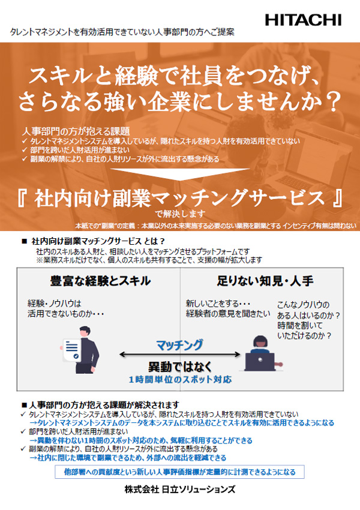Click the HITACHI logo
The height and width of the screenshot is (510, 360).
(x=303, y=20)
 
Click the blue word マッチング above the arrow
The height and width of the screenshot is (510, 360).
(x=179, y=345)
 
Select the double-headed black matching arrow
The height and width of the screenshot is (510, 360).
(x=180, y=355)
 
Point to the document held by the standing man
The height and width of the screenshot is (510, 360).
(x=71, y=350)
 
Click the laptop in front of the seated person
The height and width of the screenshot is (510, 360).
(x=260, y=362)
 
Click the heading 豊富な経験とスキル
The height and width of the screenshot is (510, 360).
(x=100, y=281)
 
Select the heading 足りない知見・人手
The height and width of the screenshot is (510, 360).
(x=265, y=281)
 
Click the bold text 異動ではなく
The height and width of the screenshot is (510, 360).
(x=180, y=367)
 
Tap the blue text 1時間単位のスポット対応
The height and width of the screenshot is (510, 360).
(x=180, y=380)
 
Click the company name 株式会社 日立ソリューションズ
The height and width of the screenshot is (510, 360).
(x=180, y=489)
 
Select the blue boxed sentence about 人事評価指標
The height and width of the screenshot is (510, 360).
(x=179, y=472)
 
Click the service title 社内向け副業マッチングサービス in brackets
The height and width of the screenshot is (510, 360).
(x=180, y=199)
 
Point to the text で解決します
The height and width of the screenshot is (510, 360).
(x=180, y=214)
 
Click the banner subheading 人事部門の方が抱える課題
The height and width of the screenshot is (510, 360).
(x=76, y=131)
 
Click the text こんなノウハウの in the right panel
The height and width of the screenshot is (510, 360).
(x=304, y=305)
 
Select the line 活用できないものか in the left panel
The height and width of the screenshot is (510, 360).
(x=65, y=314)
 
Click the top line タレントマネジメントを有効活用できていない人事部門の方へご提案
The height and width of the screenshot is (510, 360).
(x=122, y=32)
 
